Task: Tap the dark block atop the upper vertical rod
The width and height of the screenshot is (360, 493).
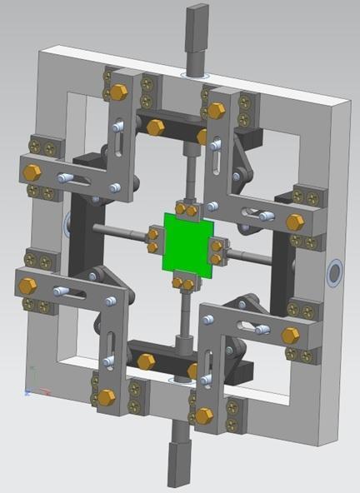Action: point(197,25)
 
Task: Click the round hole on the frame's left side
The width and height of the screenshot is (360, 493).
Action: point(68,222)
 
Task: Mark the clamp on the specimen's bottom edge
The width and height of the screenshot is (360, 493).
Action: point(183,285)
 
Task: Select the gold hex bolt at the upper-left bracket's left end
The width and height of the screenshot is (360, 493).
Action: point(32,172)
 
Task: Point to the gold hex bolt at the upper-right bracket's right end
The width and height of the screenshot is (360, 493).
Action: point(295,222)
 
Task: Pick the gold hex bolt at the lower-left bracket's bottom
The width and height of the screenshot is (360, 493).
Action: point(106,397)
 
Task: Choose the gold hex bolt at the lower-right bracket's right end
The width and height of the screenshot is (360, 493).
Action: point(290,336)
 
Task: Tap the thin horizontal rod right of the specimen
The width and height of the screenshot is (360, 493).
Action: point(250,258)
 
